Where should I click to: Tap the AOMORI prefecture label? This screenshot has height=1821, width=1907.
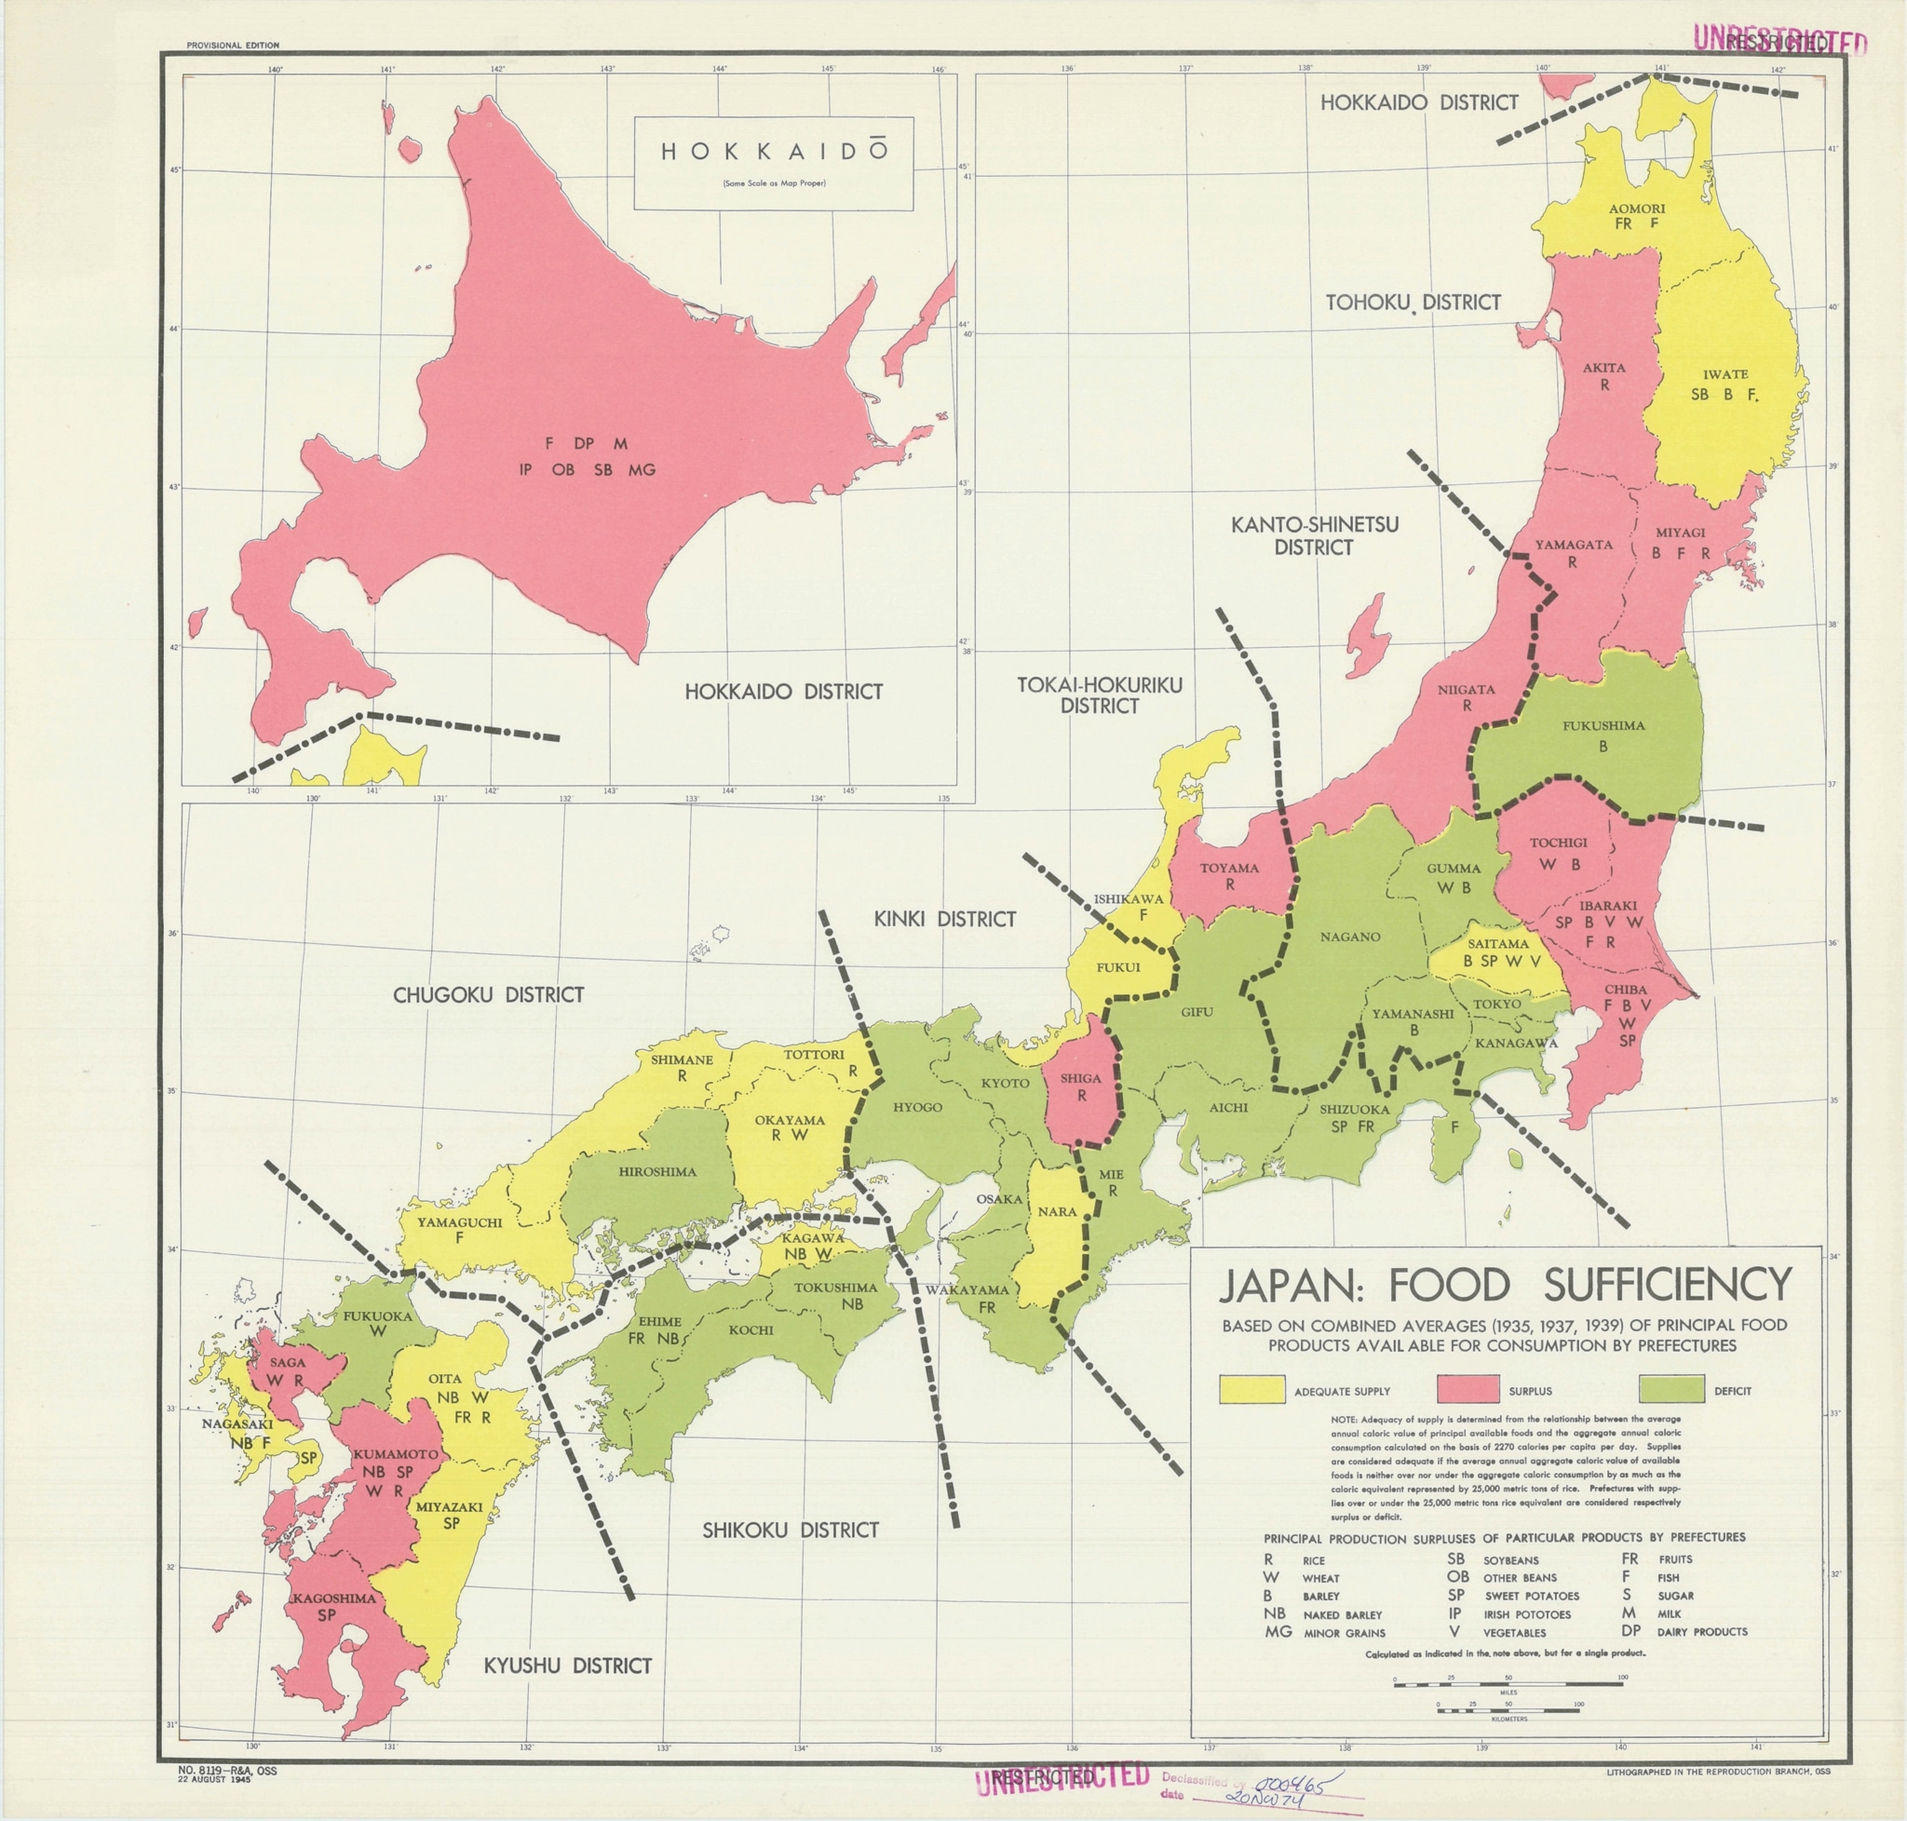[x=1637, y=209]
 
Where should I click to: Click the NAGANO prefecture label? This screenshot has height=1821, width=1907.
[x=1350, y=937]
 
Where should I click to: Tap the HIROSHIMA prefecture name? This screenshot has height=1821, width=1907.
[x=657, y=1172]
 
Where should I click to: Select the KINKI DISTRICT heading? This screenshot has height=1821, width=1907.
[x=945, y=919]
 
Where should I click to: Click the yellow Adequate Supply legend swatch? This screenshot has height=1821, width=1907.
[x=1251, y=1390]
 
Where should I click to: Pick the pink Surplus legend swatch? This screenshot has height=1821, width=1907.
[x=1470, y=1390]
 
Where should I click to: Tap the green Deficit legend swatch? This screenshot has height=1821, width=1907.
[x=1671, y=1390]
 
